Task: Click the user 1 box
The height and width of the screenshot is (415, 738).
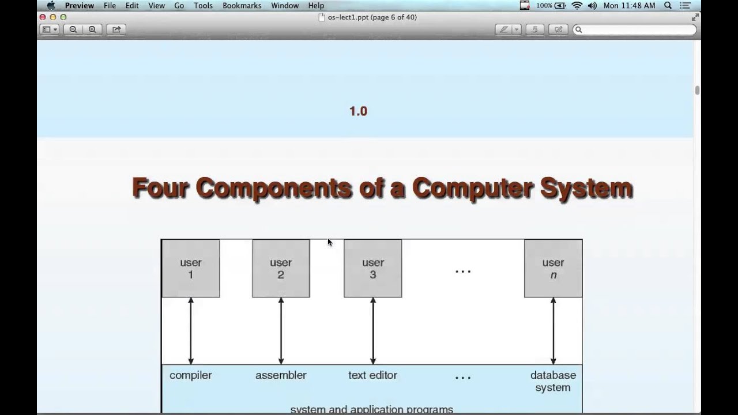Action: (x=190, y=269)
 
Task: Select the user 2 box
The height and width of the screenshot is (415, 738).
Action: (x=281, y=269)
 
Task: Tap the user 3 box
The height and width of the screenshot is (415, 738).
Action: (x=372, y=269)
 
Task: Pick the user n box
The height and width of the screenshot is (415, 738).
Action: (x=553, y=269)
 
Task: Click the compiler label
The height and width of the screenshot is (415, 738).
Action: (x=190, y=375)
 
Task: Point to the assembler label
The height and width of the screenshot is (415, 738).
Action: (x=281, y=375)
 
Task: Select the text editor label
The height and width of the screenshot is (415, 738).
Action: (x=372, y=375)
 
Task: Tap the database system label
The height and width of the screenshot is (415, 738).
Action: (x=553, y=381)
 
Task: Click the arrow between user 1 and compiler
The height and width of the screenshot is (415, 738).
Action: (x=191, y=331)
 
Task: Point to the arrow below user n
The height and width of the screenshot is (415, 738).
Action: (x=553, y=331)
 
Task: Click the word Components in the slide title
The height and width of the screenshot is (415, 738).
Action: (x=274, y=188)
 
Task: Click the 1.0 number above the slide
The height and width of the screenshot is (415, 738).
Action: (x=358, y=111)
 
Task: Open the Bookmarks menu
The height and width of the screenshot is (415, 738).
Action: (x=242, y=6)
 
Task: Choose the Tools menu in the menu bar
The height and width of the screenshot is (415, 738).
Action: (x=203, y=6)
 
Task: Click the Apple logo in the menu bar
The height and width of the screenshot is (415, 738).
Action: (x=51, y=6)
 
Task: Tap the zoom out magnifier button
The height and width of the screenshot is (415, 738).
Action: (x=73, y=29)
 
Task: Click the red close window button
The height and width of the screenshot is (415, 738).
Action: (x=43, y=17)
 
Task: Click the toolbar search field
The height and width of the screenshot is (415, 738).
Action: (x=634, y=29)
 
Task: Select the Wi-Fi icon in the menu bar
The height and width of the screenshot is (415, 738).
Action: (x=577, y=6)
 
